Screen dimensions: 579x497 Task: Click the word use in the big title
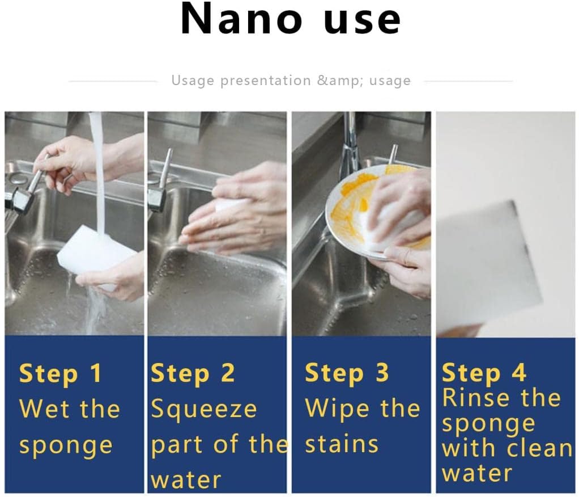click(362, 20)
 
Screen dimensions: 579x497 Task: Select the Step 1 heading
click(60, 373)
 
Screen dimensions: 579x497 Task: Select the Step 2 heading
click(193, 373)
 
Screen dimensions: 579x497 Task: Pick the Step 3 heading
click(346, 373)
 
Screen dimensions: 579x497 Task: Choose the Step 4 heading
click(484, 373)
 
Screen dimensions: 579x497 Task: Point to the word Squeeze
click(204, 410)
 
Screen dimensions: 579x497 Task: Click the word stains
click(342, 444)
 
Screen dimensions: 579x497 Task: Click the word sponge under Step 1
click(66, 446)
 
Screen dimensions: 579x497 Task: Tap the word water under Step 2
click(186, 480)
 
